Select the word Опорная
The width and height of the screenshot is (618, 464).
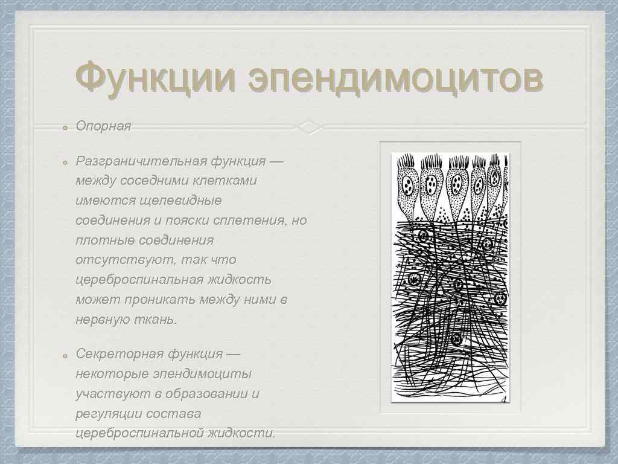pos(103,126)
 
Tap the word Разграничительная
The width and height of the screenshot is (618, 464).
pos(140,161)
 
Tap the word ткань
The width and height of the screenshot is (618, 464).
pos(159,320)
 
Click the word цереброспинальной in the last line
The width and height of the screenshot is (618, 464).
pos(139,433)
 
